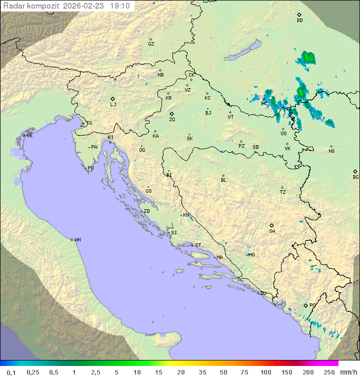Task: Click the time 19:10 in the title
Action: point(119,6)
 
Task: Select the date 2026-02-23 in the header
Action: point(86,6)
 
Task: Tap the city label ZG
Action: point(172,120)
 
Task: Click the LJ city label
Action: point(113,105)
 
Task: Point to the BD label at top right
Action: point(299,21)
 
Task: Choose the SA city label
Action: point(272,231)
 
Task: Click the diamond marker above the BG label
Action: point(355,171)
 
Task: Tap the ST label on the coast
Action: point(198,245)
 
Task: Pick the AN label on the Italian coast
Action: point(77,240)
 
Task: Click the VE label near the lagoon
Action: point(29,136)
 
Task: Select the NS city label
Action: point(331,151)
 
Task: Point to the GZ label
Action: point(151,44)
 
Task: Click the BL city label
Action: point(223,180)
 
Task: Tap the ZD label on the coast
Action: point(146,211)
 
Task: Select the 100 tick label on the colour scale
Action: point(266,372)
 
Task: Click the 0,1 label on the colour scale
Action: point(11,372)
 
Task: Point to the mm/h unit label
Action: point(348,372)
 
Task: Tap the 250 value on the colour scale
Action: point(329,372)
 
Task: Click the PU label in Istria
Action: point(90,168)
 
